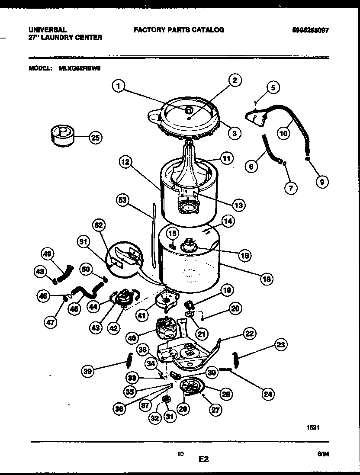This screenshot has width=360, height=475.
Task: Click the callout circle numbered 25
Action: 96,138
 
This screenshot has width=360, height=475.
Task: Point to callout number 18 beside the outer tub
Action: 267,279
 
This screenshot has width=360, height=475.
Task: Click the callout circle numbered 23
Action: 281,345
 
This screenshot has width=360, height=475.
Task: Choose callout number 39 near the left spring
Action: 88,370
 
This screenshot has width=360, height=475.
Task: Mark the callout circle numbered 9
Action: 321,183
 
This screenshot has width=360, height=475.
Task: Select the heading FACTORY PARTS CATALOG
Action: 179,30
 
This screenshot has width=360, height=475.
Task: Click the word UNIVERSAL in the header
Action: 48,30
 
